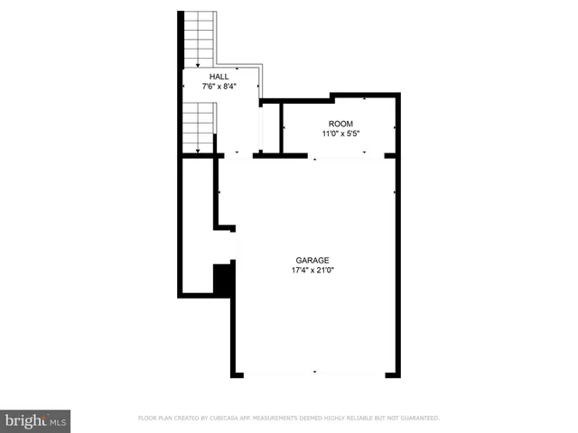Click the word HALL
[219, 77]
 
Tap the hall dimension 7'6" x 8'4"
[219, 87]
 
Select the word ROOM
[340, 124]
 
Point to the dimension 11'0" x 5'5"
[340, 134]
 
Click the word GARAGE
[313, 260]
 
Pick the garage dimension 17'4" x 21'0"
[313, 270]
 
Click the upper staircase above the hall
[198, 38]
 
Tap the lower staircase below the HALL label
[199, 126]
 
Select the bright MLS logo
[35, 420]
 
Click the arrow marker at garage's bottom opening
[314, 372]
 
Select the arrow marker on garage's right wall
[395, 191]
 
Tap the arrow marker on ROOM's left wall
[284, 128]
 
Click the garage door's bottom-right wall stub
[392, 373]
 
